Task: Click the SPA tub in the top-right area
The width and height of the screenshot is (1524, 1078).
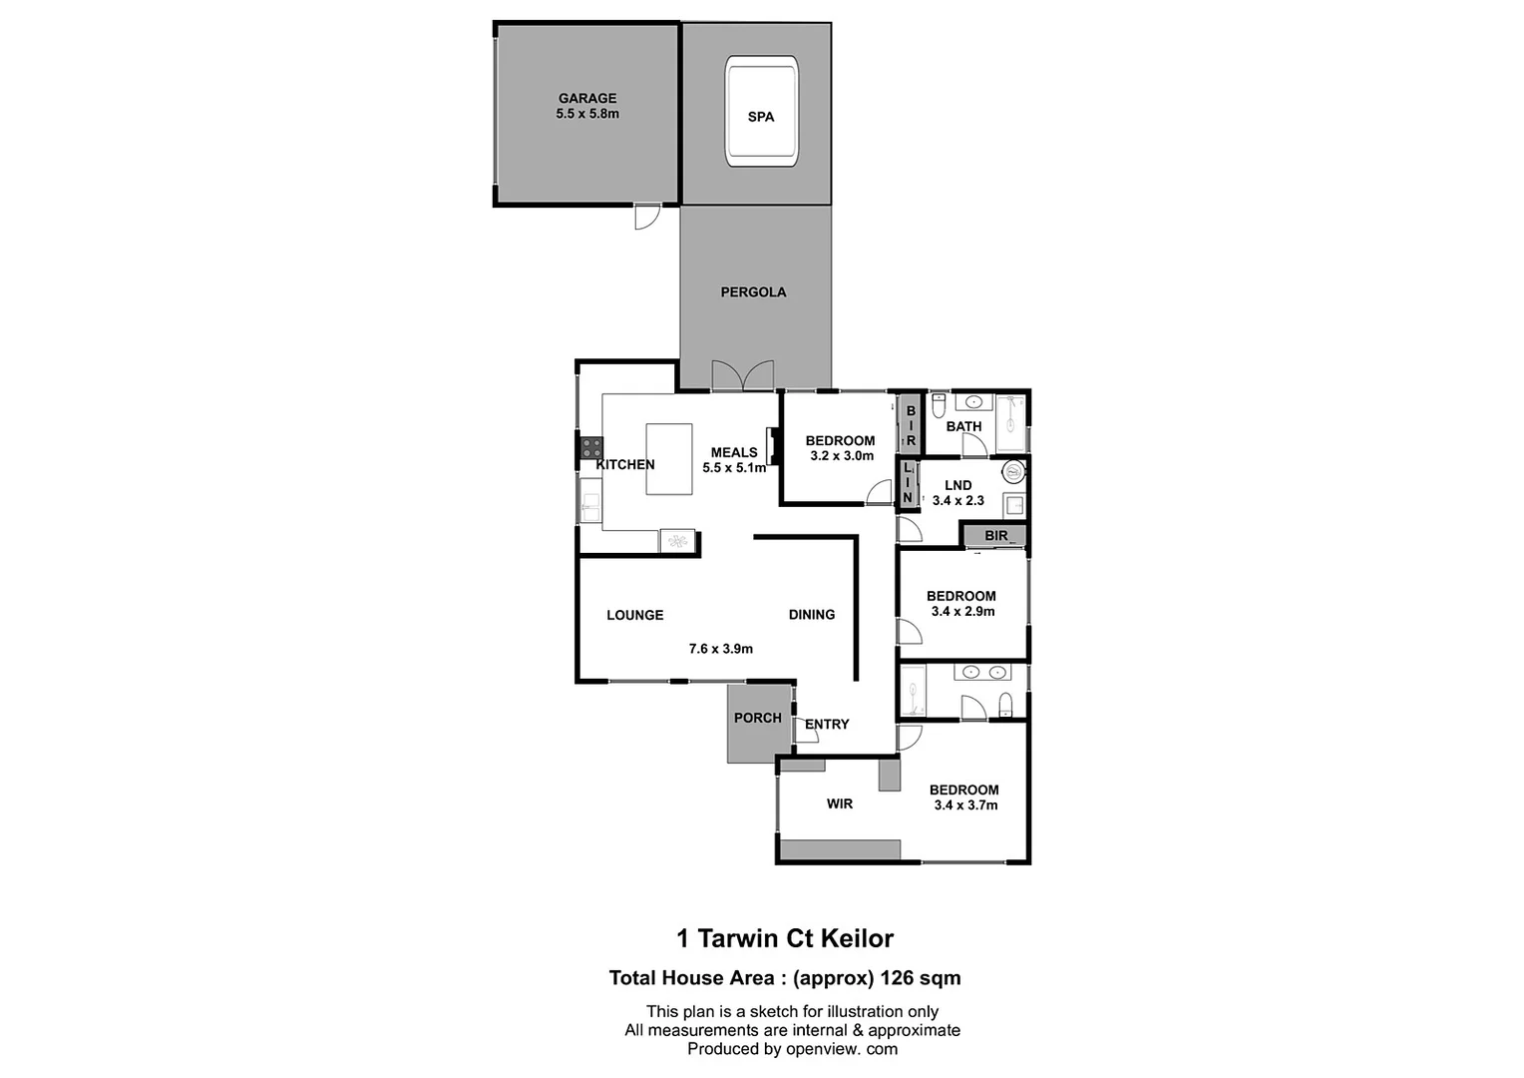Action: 761,112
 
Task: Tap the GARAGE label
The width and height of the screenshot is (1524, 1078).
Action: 587,98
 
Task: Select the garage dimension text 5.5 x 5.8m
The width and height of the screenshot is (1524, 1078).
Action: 587,114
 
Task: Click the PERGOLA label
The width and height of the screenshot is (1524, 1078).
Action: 753,292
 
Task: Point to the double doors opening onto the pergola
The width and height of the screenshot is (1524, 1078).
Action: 743,376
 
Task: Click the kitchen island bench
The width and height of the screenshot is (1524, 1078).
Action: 669,459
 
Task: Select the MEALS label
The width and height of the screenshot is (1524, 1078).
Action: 734,452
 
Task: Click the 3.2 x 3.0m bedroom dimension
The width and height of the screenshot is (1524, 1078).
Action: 842,456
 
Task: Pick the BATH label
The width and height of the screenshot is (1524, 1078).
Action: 963,426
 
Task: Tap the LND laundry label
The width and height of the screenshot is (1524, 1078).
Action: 957,486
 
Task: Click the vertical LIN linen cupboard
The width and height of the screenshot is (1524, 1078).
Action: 908,482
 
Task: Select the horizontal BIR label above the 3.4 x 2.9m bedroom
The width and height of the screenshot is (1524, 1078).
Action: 996,536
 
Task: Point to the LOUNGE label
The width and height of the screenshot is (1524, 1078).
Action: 634,615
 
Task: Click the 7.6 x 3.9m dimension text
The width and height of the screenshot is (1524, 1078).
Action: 720,649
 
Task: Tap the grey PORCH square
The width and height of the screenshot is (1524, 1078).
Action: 758,724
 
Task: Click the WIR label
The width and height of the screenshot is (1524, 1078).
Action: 839,804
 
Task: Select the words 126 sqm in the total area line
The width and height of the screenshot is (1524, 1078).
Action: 920,978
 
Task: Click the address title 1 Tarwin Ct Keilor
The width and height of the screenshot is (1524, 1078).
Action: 785,938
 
